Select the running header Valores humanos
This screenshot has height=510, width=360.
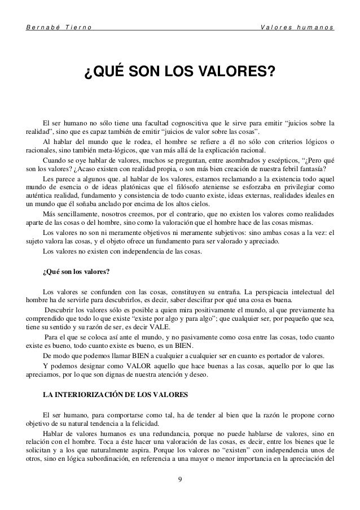(x=297, y=28)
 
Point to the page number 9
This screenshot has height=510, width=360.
(x=179, y=480)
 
